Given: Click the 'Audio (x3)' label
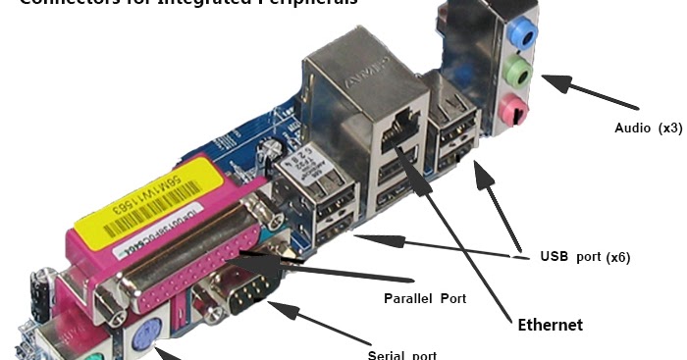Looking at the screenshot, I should [648, 129].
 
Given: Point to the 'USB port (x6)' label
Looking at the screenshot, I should [585, 257].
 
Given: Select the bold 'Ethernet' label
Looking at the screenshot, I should [550, 325].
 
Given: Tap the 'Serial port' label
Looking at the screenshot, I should [401, 354].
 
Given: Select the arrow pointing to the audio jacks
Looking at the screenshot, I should [589, 93].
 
